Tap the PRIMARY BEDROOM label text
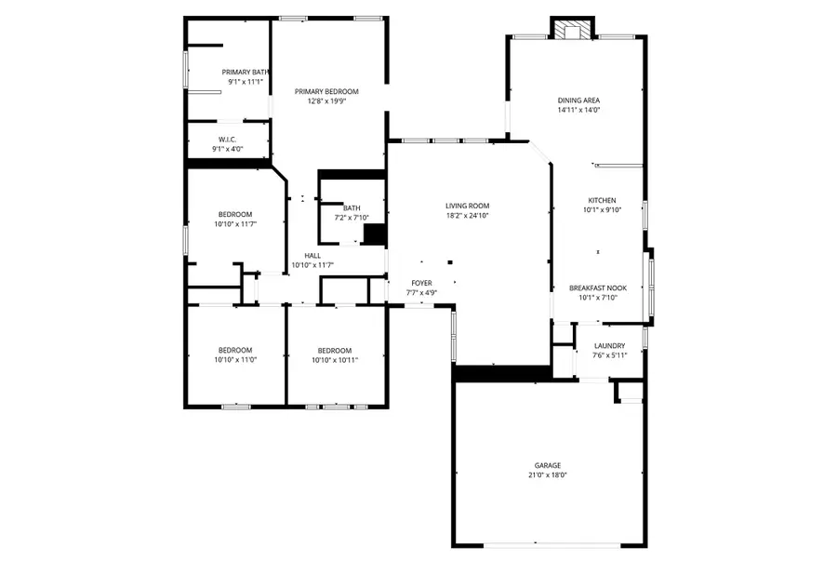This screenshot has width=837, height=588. pyautogui.click(x=326, y=91)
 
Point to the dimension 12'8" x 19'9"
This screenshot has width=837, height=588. pyautogui.click(x=326, y=101)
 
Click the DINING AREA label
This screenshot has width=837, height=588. pyautogui.click(x=578, y=100)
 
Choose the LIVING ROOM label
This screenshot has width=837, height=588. pyautogui.click(x=467, y=206)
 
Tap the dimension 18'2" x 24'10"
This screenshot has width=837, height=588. pyautogui.click(x=467, y=216)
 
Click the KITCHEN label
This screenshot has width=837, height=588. pyautogui.click(x=602, y=200)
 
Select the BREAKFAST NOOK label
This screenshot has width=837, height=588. pyautogui.click(x=597, y=288)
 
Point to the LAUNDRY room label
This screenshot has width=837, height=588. pyautogui.click(x=609, y=346)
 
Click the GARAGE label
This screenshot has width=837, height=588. pyautogui.click(x=547, y=465)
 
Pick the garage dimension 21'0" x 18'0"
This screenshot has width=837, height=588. pyautogui.click(x=547, y=475)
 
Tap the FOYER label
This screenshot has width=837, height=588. pyautogui.click(x=422, y=283)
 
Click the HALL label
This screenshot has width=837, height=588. pyautogui.click(x=312, y=256)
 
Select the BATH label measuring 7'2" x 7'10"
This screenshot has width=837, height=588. pyautogui.click(x=352, y=208)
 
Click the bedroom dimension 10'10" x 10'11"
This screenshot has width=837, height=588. pyautogui.click(x=334, y=360)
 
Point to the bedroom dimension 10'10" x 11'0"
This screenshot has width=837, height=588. pyautogui.click(x=234, y=360)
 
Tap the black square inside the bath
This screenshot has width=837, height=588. pyautogui.click(x=374, y=234)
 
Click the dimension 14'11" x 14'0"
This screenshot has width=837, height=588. pyautogui.click(x=578, y=110)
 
